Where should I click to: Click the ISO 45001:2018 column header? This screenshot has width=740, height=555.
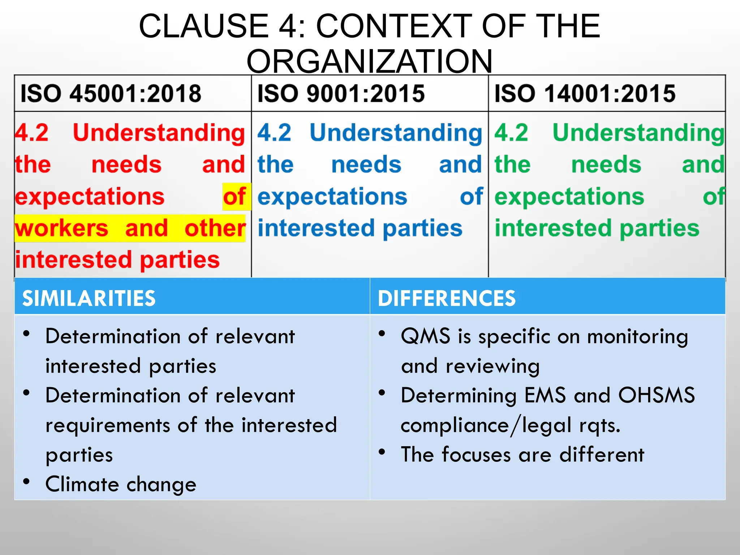tap(111, 94)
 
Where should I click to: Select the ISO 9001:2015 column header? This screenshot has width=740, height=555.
tap(341, 94)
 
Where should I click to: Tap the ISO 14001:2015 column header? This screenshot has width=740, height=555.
tap(585, 94)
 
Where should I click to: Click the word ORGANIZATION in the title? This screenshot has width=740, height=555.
tap(369, 61)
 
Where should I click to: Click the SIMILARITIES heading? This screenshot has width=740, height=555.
tap(89, 298)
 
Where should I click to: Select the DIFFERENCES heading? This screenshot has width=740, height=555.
tap(447, 298)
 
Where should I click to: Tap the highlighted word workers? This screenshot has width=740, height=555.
tap(61, 228)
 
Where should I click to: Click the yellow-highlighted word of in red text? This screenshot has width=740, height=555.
tap(235, 197)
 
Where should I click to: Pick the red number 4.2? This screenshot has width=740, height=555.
tap(32, 133)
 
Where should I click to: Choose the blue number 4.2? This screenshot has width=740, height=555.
tap(274, 133)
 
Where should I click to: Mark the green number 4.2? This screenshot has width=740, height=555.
tap(511, 133)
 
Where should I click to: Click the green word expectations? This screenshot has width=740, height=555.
tap(569, 197)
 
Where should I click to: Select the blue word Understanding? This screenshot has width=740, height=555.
tap(396, 133)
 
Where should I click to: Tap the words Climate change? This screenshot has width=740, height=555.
tap(121, 484)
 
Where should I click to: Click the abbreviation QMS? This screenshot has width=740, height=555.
tap(425, 336)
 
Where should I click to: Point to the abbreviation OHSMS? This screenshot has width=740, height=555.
tap(656, 395)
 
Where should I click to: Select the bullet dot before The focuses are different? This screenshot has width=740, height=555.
tap(382, 452)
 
